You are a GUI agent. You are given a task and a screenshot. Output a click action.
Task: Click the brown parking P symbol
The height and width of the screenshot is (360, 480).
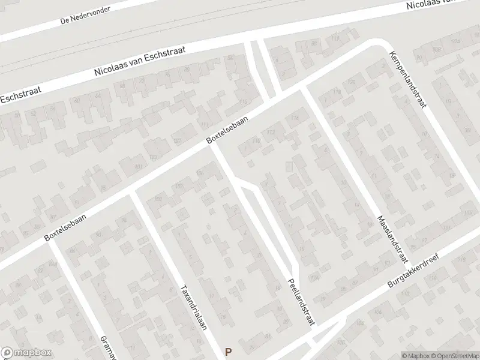(x=228, y=352)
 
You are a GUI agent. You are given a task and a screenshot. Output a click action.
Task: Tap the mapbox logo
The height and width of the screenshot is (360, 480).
(x=26, y=353)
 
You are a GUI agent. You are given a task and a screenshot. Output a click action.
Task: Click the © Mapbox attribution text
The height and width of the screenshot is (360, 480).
(x=416, y=355)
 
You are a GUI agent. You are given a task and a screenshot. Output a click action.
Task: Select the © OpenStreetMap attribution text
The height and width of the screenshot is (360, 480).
(x=454, y=355)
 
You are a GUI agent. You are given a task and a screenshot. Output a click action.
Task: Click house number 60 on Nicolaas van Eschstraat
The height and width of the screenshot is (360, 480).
(x=77, y=100)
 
